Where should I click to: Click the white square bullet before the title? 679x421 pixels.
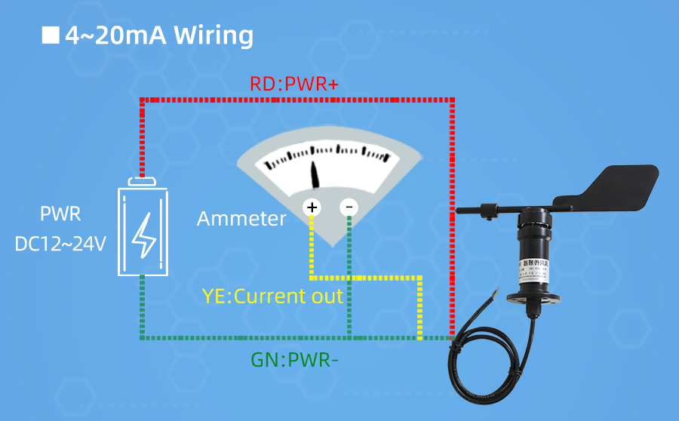coord(51,35)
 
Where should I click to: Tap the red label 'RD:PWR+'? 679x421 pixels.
coord(294,84)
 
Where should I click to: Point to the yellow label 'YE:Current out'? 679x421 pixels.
coord(272,296)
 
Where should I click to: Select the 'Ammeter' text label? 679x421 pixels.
coord(241,219)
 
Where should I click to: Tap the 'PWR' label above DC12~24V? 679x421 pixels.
coord(60,215)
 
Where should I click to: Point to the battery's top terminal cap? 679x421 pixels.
coord(143,181)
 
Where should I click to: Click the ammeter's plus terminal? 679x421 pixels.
coord(312,207)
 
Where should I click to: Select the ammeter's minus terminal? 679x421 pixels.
coord(349,207)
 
